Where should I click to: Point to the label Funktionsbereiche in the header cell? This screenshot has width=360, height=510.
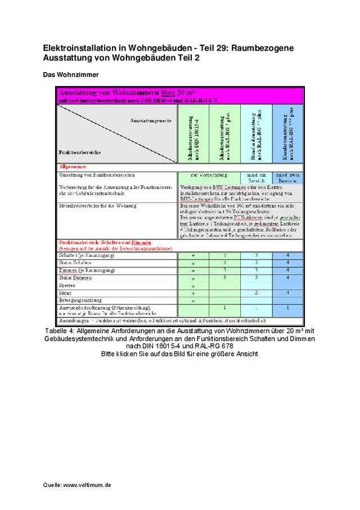(79, 152)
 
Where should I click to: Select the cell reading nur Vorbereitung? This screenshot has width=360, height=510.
(209, 176)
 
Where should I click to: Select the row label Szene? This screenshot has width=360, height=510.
(65, 293)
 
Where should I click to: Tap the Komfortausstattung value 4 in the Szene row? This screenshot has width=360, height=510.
(287, 293)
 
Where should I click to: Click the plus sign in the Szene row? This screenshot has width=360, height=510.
(193, 293)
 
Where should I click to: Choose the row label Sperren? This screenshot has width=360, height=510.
(67, 285)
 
